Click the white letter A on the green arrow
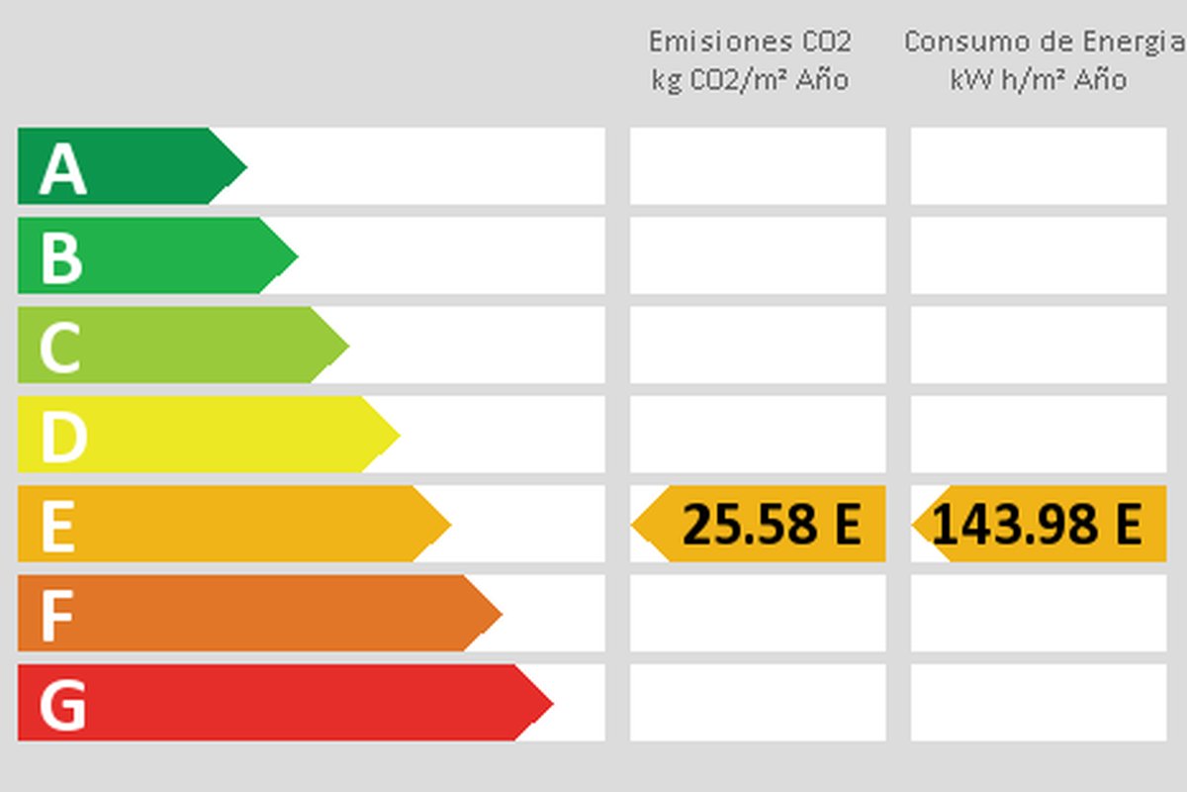(62, 169)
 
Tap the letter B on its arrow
(60, 258)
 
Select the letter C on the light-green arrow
(59, 347)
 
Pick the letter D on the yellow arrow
(62, 437)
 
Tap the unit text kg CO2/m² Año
(750, 79)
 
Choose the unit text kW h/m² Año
(1038, 79)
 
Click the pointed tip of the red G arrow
(551, 703)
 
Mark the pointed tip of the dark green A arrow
(244, 166)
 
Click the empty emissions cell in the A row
(758, 166)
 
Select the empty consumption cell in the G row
(1038, 703)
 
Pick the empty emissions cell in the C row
(758, 345)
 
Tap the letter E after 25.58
(846, 525)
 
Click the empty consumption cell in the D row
(1038, 434)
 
